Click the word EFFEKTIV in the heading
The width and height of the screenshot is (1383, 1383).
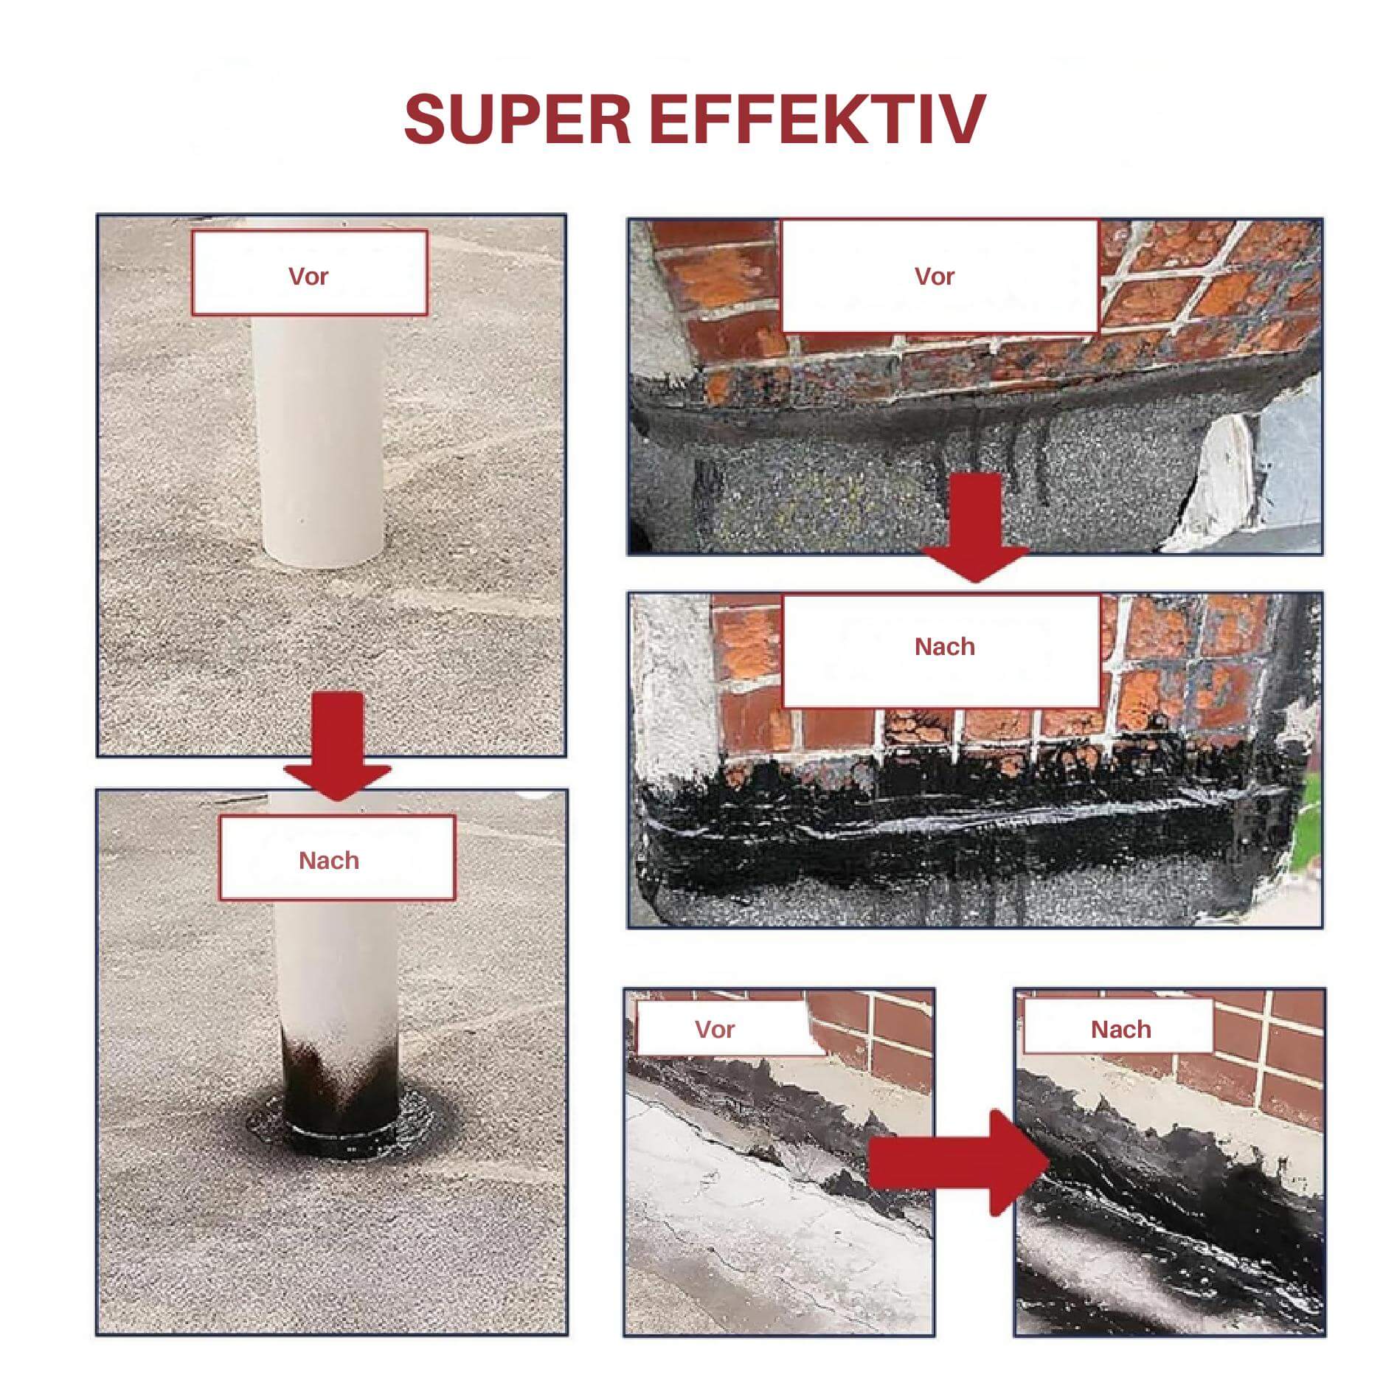point(818,118)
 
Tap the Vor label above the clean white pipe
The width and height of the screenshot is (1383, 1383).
point(308,276)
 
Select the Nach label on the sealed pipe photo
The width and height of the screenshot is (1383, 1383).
point(329,860)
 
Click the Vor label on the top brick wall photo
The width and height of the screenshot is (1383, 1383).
point(935,276)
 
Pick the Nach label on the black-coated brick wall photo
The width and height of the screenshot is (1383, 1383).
point(945,646)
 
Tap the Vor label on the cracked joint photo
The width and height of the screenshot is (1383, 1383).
point(715,1029)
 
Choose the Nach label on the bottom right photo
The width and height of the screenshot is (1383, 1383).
point(1121,1029)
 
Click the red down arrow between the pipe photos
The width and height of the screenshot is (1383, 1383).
point(338,745)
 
